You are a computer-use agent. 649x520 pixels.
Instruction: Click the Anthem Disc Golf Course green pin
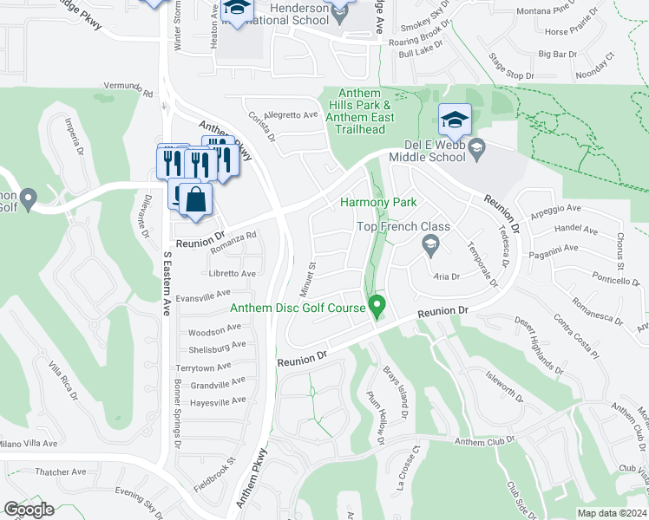tap(377, 306)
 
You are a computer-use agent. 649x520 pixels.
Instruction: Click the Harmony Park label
tap(378, 202)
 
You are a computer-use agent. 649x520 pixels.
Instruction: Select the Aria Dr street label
tap(445, 276)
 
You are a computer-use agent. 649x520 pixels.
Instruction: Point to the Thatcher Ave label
tap(61, 472)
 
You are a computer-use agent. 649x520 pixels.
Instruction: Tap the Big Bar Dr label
tap(558, 54)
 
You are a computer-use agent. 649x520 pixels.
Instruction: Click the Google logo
tap(29, 510)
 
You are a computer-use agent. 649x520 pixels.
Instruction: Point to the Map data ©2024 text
tap(613, 513)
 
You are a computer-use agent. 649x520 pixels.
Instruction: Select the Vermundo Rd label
tap(128, 89)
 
